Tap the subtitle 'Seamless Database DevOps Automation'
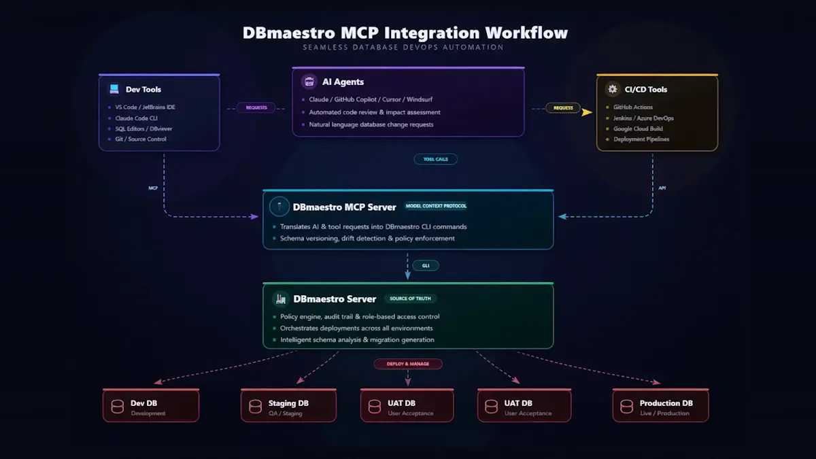404,48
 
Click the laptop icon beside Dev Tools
114,89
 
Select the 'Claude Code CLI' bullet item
136,118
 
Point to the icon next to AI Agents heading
309,82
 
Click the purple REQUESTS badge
256,107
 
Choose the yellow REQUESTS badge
563,107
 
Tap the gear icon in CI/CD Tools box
612,89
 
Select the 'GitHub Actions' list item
633,107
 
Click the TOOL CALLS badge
435,159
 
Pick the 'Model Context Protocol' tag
436,206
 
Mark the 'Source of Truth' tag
411,299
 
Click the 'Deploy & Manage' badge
408,364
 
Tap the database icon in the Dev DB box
117,407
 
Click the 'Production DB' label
666,403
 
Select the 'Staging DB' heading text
288,403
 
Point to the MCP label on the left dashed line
153,188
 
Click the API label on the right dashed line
662,188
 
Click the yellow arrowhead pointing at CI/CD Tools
587,112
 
